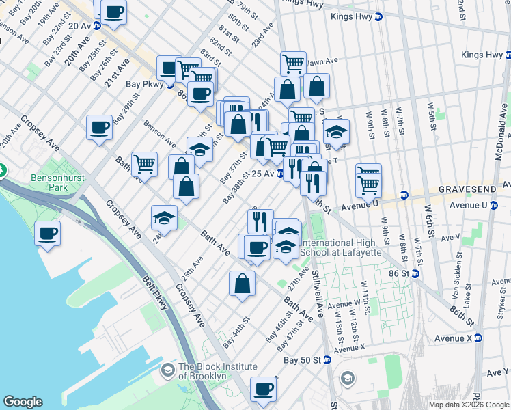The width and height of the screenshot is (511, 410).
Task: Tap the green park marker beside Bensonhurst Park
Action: tap(2, 169)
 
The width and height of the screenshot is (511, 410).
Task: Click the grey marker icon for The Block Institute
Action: tap(167, 371)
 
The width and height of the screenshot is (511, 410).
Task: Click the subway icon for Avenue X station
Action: tap(478, 338)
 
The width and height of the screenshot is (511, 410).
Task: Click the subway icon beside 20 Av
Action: tap(97, 26)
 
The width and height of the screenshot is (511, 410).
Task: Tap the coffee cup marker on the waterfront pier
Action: tap(49, 233)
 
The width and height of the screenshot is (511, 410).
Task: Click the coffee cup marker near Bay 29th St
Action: tap(99, 127)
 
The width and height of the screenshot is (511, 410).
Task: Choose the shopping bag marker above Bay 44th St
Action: tap(242, 283)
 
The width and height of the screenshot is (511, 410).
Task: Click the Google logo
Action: tap(23, 402)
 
